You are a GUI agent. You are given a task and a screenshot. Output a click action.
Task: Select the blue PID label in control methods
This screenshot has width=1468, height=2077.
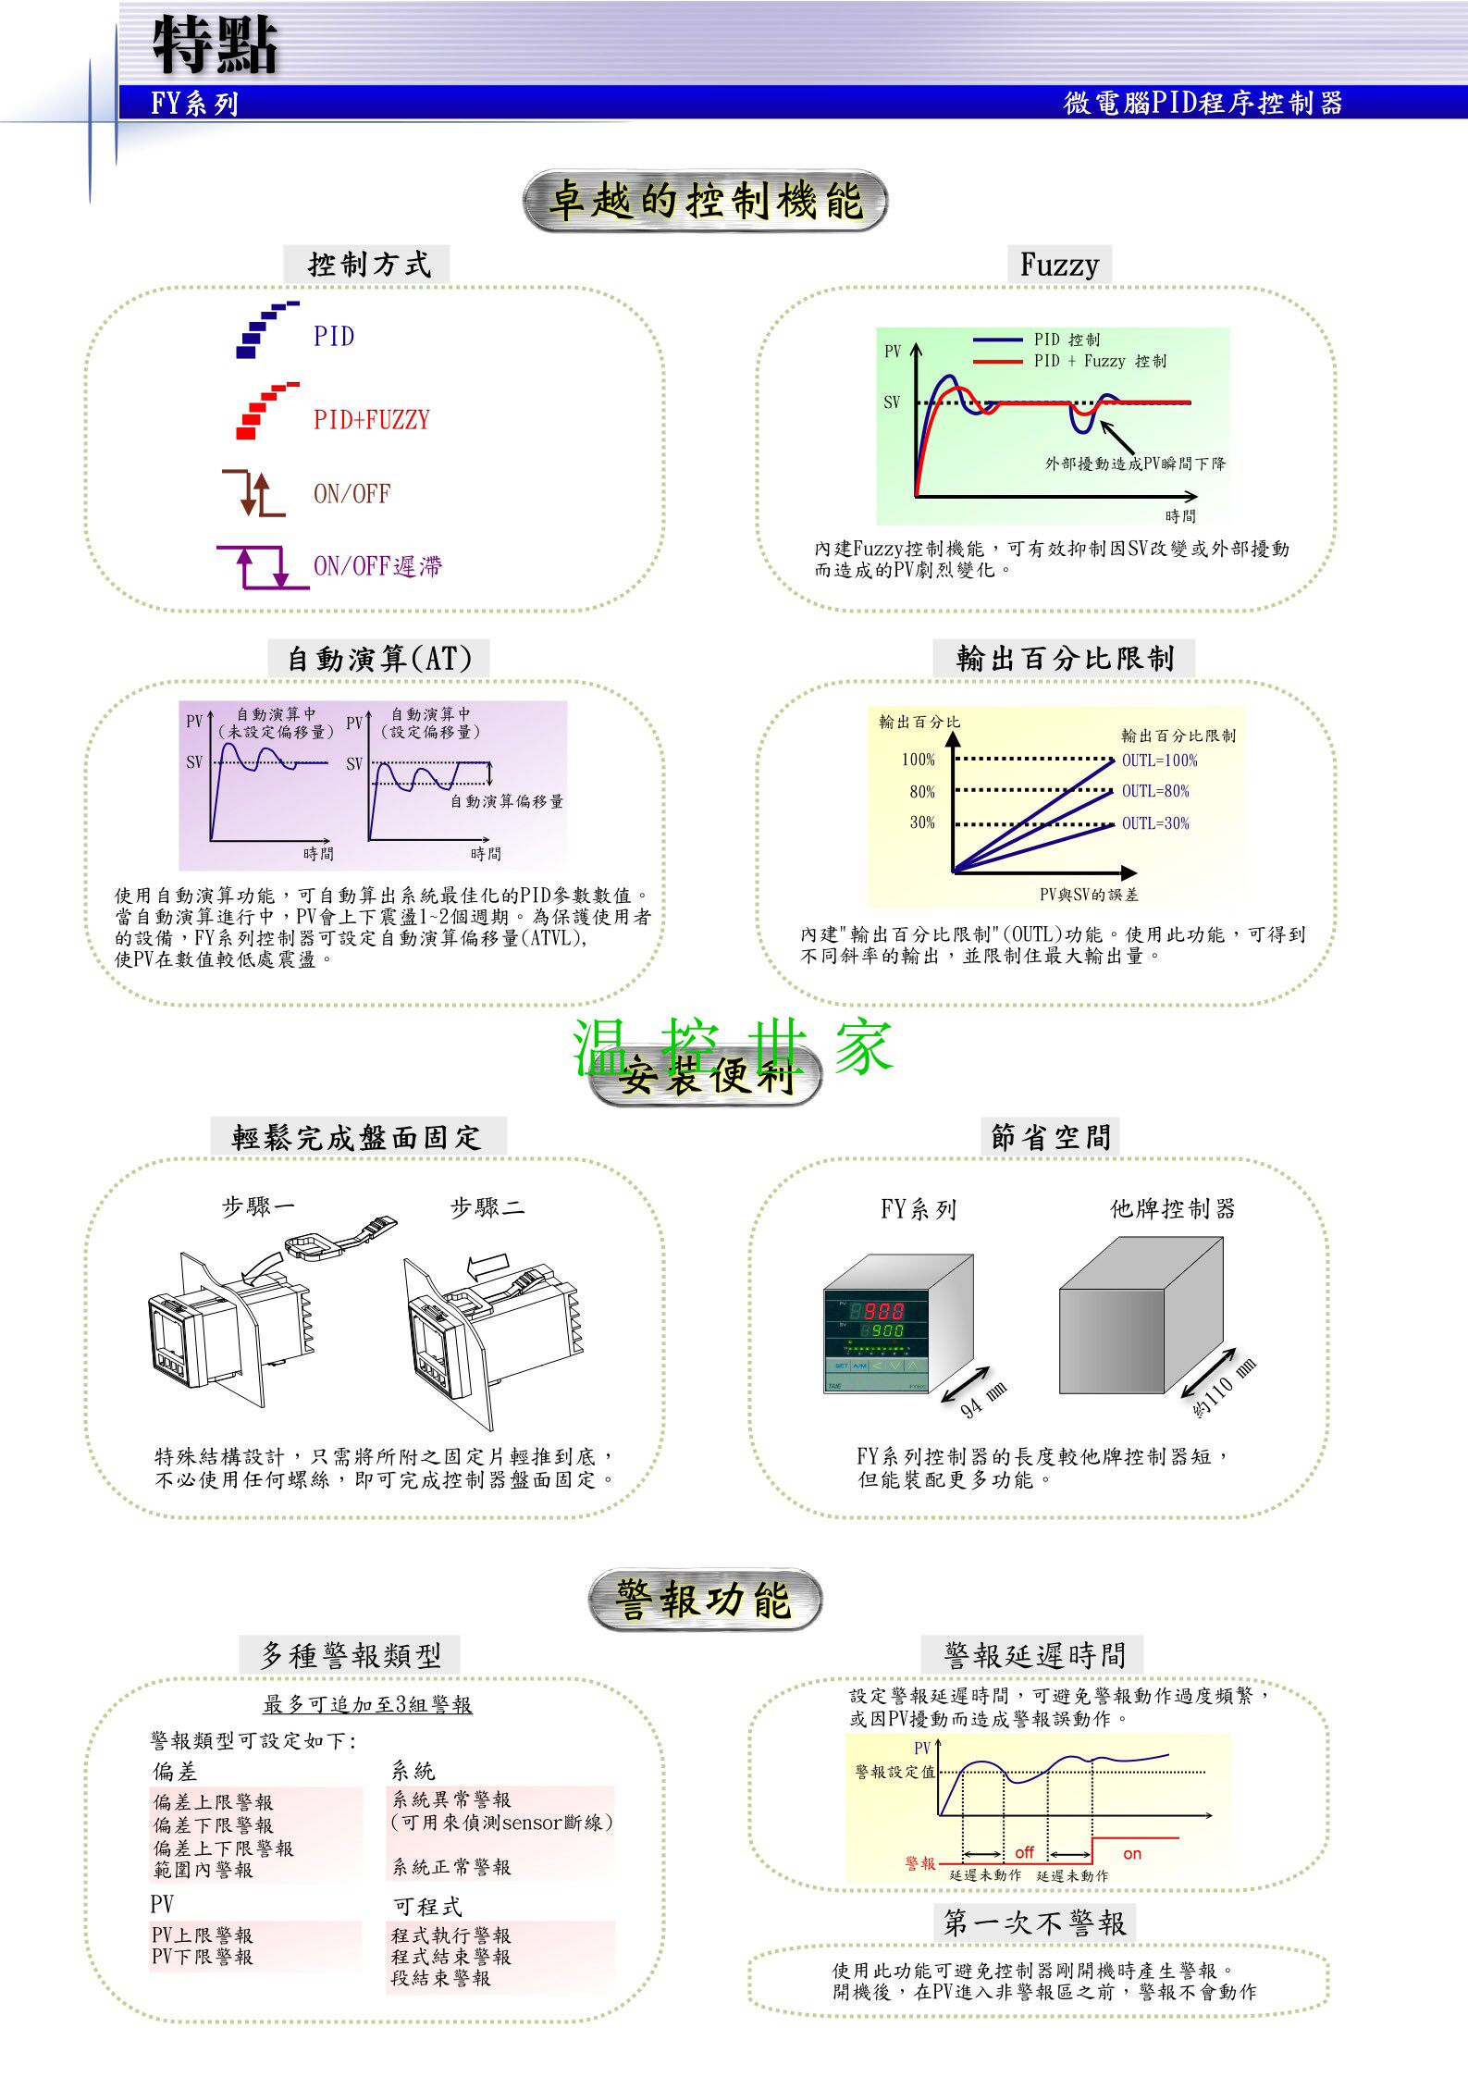point(334,336)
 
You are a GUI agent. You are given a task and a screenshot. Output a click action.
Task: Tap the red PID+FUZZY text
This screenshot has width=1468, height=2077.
point(372,420)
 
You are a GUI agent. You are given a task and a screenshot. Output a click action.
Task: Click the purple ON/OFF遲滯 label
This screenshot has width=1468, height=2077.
point(377,566)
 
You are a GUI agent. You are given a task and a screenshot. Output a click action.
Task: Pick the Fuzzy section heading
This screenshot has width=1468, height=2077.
point(1059,265)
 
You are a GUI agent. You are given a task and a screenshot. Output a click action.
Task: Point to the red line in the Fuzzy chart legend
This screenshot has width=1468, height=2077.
point(997,362)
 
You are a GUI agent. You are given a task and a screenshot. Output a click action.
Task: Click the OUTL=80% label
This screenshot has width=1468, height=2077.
point(1155,791)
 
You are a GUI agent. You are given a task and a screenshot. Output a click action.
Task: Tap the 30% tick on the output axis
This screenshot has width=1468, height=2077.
point(922,822)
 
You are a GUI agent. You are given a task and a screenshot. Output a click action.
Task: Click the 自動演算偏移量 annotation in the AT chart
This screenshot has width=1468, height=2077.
point(507,801)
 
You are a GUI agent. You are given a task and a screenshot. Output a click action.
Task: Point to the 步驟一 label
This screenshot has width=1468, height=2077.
point(258,1206)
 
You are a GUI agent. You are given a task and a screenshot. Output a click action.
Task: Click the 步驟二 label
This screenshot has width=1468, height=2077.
point(487,1206)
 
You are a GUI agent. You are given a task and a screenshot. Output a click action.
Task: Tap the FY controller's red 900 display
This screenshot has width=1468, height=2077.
point(882,1311)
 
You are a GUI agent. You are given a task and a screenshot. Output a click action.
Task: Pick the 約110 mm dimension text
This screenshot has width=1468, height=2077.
point(1224,1389)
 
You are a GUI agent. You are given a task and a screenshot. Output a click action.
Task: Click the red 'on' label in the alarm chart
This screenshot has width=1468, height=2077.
point(1132,1854)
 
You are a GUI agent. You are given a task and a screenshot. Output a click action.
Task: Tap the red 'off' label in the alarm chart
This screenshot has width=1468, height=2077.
point(1024,1853)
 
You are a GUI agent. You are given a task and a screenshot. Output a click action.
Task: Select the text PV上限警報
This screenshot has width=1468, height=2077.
point(203,1935)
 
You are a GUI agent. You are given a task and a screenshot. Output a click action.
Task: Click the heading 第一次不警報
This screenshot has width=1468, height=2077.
point(1034,1923)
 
